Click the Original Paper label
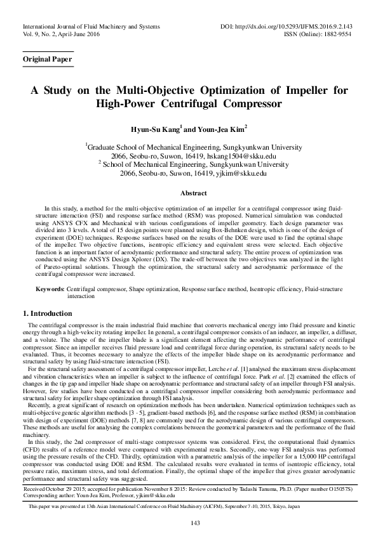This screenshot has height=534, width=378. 47,60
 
